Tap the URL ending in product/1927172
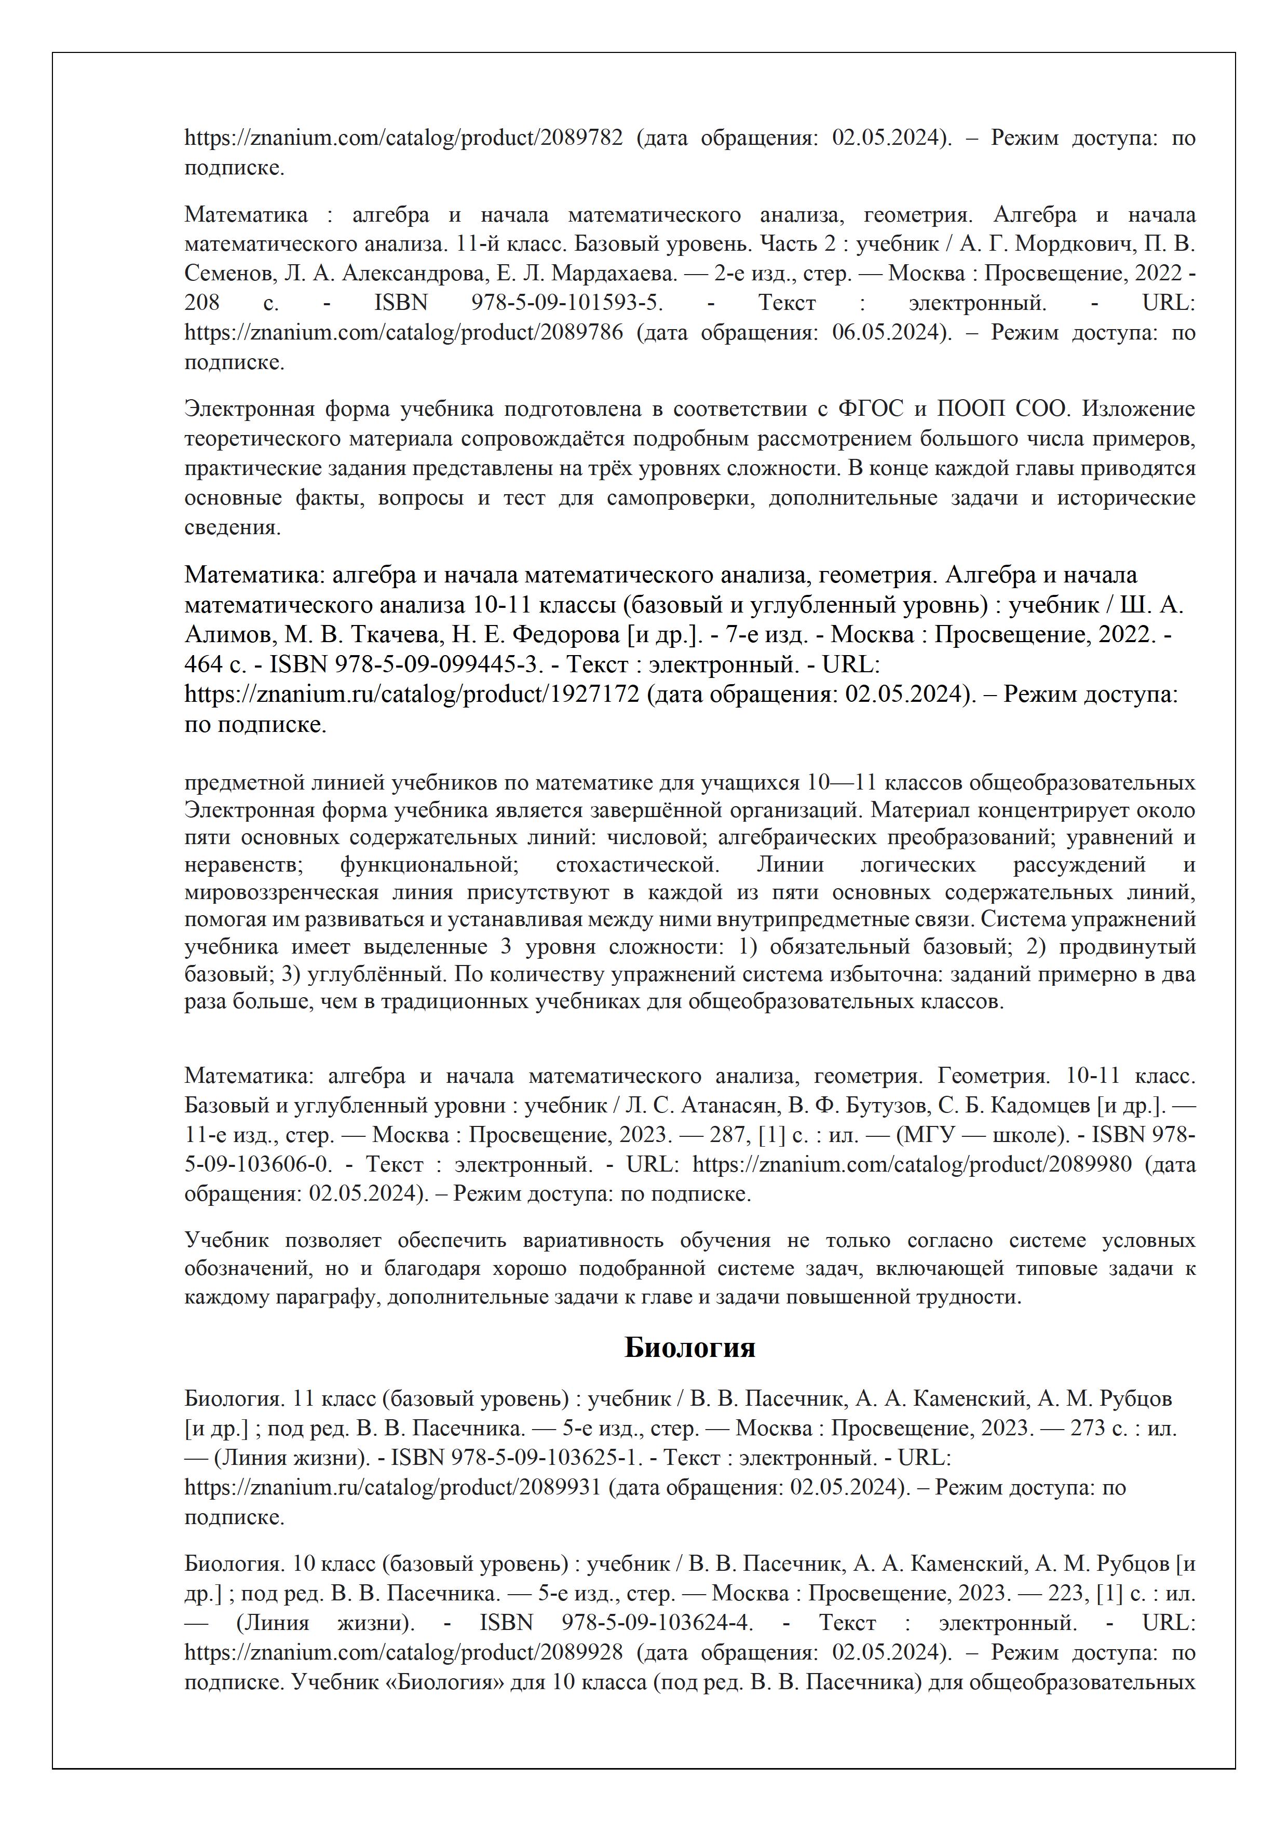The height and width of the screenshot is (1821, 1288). (x=412, y=695)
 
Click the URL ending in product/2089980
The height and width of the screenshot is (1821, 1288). (x=912, y=1164)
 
